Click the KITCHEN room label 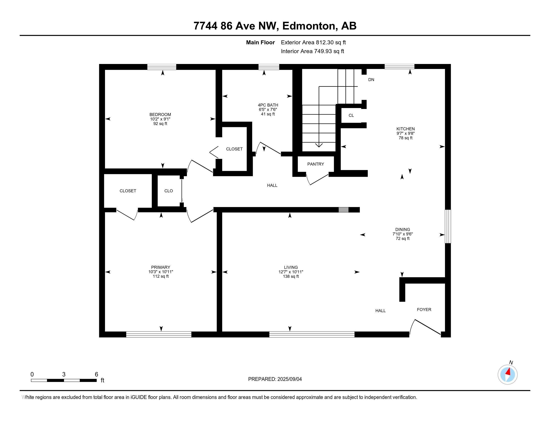(405, 129)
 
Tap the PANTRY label (315, 164)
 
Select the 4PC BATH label (268, 105)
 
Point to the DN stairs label (371, 80)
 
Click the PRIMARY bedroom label (161, 267)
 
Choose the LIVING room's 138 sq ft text (291, 276)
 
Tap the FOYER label (424, 310)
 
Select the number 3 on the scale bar (64, 374)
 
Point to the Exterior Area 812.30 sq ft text (313, 42)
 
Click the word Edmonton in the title (310, 26)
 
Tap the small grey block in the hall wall (343, 210)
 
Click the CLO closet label (169, 191)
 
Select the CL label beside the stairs (351, 115)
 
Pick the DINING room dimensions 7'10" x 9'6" (403, 234)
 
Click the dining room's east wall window (448, 226)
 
